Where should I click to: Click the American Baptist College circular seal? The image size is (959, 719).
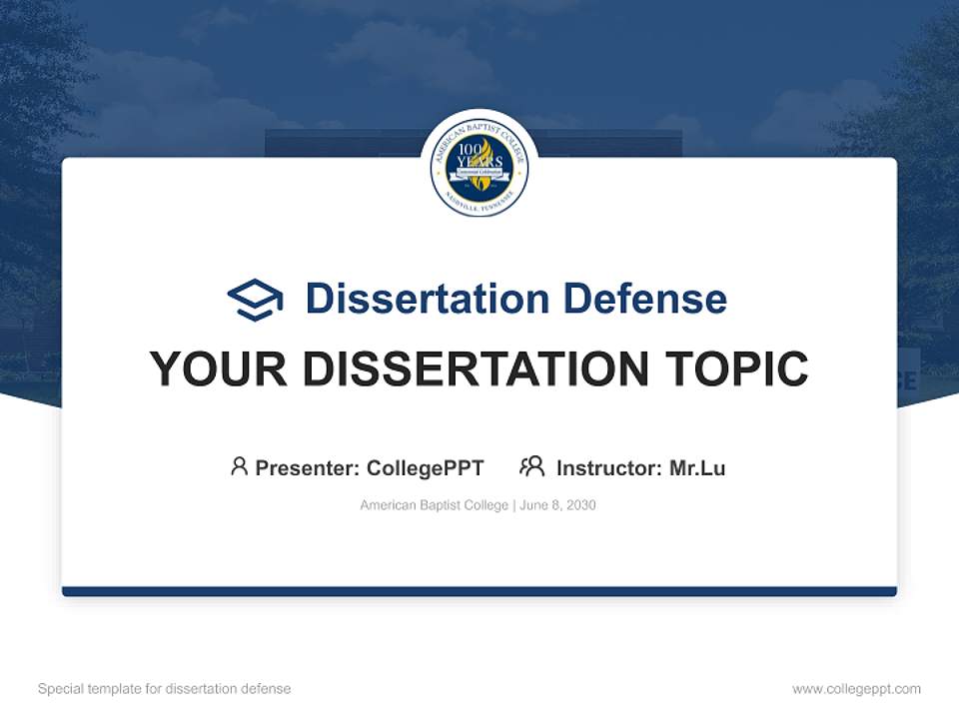[x=479, y=166]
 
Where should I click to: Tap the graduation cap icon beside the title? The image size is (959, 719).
[x=255, y=300]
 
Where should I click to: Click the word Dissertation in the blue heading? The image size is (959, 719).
[x=427, y=299]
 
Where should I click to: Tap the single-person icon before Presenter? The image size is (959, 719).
[x=239, y=466]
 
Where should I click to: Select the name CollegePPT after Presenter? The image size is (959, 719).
[x=426, y=467]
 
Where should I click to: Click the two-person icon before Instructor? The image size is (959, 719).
[x=531, y=466]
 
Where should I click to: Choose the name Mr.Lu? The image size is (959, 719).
[x=697, y=467]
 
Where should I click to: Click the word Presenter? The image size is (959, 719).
[x=308, y=467]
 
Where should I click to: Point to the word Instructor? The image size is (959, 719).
[x=609, y=467]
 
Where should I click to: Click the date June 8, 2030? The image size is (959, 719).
[x=558, y=505]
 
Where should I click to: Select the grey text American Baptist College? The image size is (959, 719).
[x=435, y=505]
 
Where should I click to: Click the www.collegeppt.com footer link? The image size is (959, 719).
[x=856, y=689]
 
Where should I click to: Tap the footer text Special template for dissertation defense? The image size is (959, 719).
[x=165, y=689]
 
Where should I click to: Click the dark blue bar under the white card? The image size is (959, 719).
[x=479, y=591]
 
